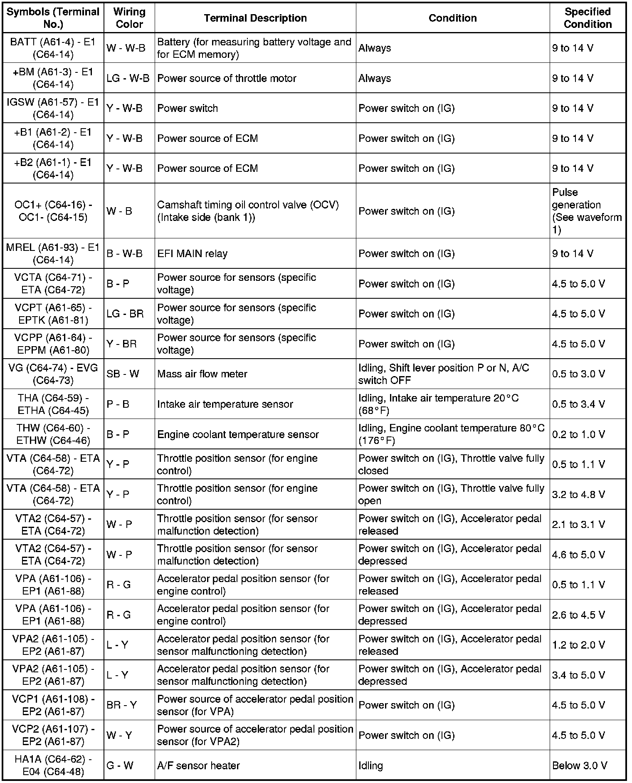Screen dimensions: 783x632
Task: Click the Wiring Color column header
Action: click(x=129, y=18)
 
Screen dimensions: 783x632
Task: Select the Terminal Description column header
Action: click(x=255, y=18)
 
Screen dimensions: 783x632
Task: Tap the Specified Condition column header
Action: click(x=588, y=18)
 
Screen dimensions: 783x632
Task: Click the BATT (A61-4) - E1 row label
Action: click(x=53, y=48)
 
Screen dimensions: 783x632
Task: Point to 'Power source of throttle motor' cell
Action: click(x=227, y=78)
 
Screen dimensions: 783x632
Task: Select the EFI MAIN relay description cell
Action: click(x=192, y=253)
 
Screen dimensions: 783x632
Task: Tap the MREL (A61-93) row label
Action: click(x=53, y=253)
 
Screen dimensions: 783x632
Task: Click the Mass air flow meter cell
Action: click(x=202, y=374)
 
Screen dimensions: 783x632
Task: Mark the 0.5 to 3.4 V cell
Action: click(x=578, y=404)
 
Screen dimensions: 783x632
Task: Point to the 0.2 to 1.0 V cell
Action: click(x=578, y=434)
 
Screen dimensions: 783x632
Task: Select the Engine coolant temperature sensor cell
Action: click(x=238, y=434)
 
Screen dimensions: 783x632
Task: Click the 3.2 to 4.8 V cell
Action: click(x=578, y=494)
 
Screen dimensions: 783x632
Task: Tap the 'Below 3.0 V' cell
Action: click(x=580, y=766)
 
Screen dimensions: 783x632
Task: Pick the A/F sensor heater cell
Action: click(x=198, y=766)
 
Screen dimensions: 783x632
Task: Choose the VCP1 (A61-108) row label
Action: click(x=53, y=705)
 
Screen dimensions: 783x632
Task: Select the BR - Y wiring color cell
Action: click(x=122, y=705)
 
